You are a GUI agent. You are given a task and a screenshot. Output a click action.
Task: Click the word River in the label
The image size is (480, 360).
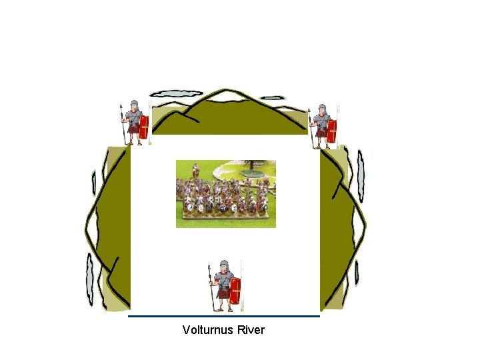coord(250,330)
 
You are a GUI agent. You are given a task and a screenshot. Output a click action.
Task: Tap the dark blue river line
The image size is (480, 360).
coord(224,316)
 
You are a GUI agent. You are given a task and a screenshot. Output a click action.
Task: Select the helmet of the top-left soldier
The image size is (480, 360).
coord(135,106)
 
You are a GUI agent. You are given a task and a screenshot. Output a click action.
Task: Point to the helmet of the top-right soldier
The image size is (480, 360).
coord(323,109)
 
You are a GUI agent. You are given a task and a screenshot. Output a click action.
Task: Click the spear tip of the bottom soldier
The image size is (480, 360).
coord(212,269)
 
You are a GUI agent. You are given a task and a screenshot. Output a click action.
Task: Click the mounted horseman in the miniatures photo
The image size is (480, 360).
coord(196,172)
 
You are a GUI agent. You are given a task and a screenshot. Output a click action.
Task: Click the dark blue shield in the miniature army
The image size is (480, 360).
coord(193,207)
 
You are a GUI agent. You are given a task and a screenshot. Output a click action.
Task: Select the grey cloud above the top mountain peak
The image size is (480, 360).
coord(177,94)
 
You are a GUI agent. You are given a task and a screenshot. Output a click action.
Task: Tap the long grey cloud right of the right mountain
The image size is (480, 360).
coord(361,175)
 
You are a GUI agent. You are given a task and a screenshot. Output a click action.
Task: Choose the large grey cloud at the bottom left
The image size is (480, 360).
coord(89,279)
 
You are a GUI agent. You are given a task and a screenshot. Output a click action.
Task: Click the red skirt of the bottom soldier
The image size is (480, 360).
coord(223,292)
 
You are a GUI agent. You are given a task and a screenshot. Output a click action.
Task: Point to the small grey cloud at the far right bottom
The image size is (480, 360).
coord(357,273)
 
